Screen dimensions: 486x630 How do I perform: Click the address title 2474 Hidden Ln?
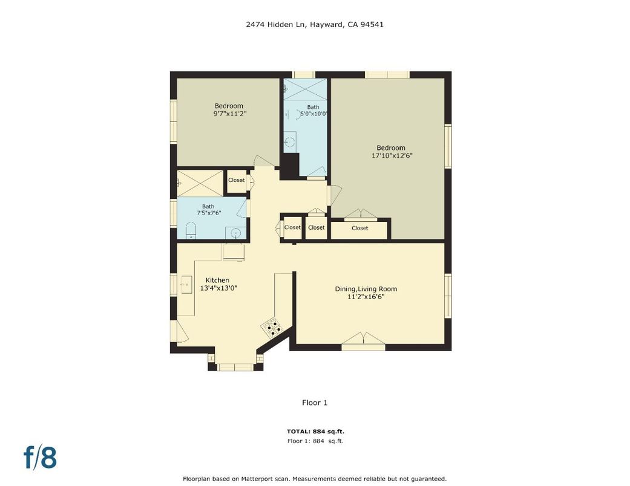pos(315,25)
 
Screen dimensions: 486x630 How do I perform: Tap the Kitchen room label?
pos(217,280)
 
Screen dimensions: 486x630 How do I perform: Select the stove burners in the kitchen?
pos(273,327)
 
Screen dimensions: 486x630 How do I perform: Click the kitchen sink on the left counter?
pos(186,283)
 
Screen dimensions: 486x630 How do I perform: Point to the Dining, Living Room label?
pos(366,289)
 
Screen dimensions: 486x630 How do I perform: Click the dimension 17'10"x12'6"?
pos(392,155)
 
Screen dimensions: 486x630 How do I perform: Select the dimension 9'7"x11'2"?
pos(228,114)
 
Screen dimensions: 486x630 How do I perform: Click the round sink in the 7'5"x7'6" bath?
pos(235,233)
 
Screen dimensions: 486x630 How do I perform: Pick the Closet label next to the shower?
pos(236,180)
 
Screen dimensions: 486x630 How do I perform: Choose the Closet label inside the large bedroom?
pos(359,228)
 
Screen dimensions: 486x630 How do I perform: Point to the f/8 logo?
pos(40,458)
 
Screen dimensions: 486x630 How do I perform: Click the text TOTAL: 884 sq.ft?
pos(315,432)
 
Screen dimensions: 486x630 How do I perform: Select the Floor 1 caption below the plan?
pos(315,403)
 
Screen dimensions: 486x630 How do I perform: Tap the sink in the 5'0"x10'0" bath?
pos(290,142)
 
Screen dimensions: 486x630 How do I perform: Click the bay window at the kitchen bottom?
pos(235,367)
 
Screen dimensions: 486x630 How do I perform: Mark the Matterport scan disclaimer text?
pos(315,478)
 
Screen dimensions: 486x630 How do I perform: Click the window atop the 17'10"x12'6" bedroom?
pos(387,74)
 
